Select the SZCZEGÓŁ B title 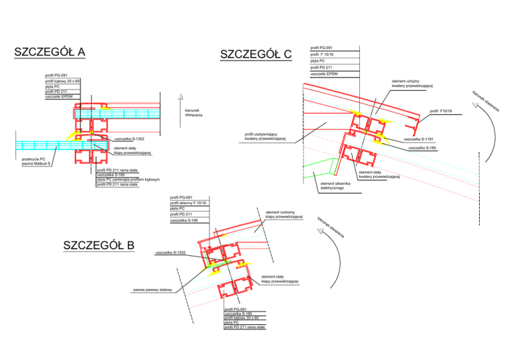99,246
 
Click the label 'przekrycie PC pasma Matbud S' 36,161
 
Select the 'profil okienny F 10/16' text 188,203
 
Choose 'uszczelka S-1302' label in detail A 129,138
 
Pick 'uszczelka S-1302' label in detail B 170,253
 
